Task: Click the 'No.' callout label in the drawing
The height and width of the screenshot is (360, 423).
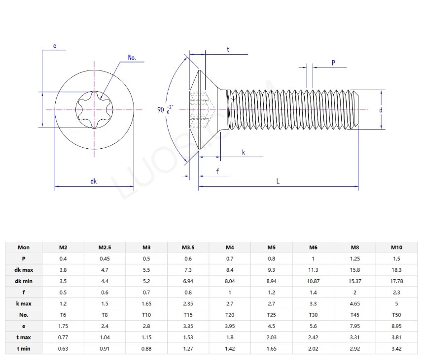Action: [132, 58]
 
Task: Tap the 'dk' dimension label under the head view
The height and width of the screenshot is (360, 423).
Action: [94, 181]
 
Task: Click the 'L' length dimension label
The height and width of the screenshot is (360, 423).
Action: [278, 181]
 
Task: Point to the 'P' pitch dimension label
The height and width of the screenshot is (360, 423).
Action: [333, 63]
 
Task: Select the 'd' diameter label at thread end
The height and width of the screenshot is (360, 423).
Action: [381, 110]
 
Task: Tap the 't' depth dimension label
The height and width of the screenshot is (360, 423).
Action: [228, 50]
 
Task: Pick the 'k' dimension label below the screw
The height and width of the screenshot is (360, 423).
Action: [244, 153]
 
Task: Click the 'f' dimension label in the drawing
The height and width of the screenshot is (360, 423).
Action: [217, 171]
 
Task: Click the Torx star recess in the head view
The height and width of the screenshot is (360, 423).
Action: [94, 109]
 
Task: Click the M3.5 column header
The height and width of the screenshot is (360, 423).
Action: [188, 247]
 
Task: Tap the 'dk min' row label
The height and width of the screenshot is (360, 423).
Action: [23, 281]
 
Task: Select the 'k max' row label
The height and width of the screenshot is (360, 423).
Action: [23, 303]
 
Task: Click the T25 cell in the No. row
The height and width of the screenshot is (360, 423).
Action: [271, 315]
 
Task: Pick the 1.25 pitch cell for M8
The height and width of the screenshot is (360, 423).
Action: [354, 259]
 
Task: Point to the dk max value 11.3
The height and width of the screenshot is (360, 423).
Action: [313, 270]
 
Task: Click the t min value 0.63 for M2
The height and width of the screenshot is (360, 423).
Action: [63, 349]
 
